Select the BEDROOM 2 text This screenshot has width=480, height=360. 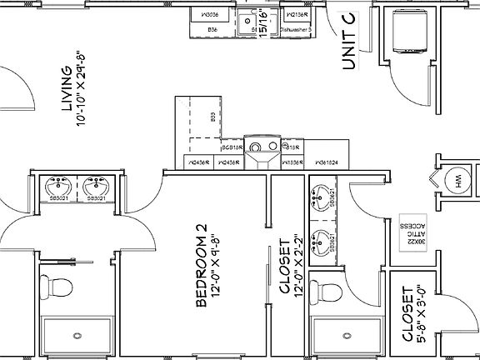200,265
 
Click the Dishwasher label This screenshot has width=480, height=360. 297,29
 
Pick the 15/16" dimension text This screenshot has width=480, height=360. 265,23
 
